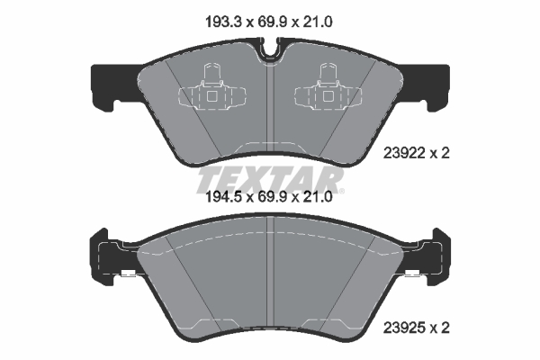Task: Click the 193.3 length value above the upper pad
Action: (224, 22)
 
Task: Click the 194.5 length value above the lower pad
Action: (224, 197)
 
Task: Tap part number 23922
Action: (404, 153)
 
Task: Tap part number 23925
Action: (404, 328)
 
